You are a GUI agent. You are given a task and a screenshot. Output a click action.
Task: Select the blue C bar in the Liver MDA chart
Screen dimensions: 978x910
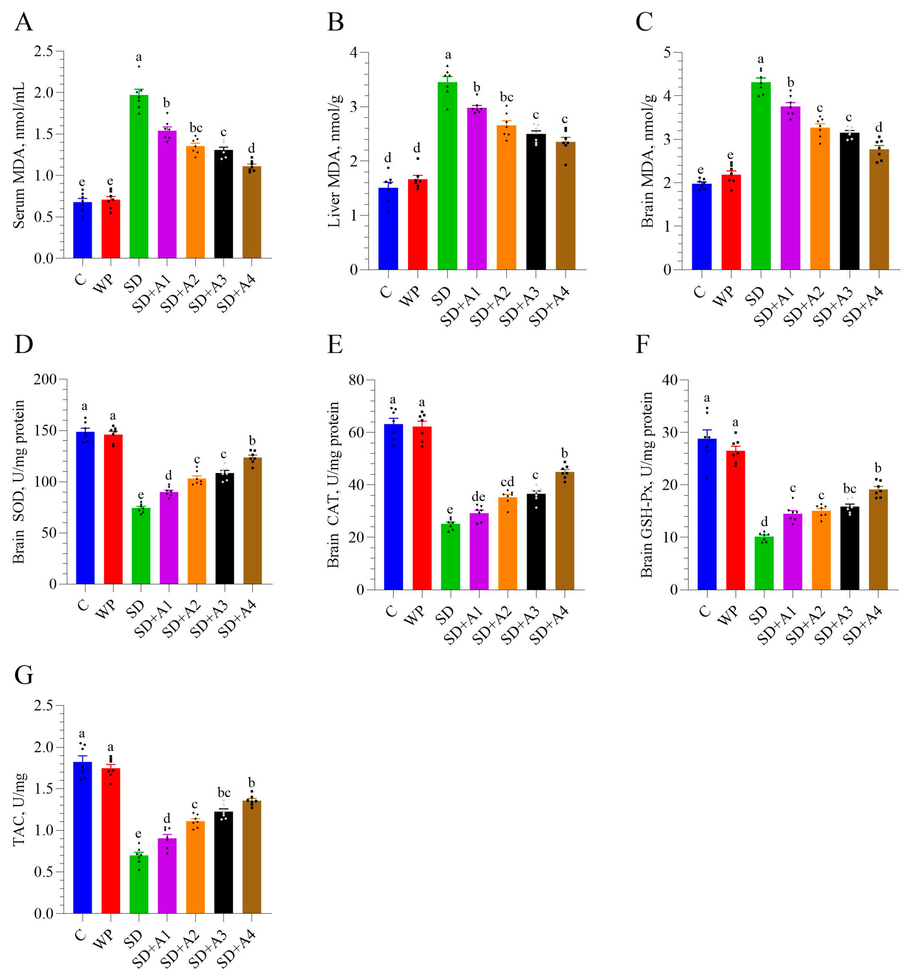click(x=388, y=229)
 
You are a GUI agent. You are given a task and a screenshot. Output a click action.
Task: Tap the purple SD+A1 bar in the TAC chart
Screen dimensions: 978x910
click(x=167, y=876)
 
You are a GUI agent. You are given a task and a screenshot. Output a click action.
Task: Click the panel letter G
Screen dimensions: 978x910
click(x=24, y=675)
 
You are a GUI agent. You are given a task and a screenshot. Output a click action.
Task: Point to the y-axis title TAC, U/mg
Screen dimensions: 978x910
click(x=19, y=809)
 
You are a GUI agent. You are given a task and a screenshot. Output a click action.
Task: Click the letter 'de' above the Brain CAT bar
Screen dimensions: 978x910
click(x=478, y=497)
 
